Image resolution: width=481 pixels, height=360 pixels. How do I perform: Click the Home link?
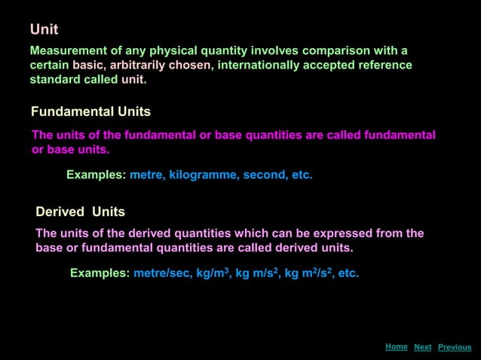point(396,346)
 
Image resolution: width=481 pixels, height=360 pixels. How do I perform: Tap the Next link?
point(423,347)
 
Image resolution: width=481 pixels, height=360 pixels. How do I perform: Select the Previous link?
point(455,347)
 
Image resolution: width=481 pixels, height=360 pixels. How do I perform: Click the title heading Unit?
point(44,29)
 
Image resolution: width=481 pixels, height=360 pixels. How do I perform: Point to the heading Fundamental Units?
point(90,111)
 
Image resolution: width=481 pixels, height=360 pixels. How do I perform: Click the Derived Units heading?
point(81,212)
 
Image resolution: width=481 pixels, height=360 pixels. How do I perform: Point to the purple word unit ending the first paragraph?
point(133,79)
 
